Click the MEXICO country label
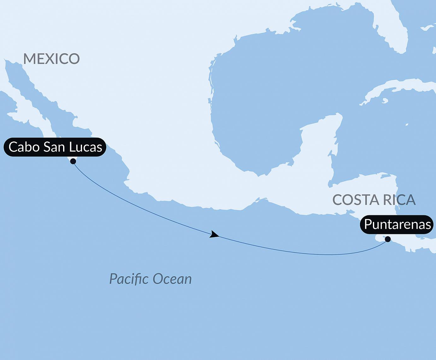[x=51, y=59]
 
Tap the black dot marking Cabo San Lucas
[x=73, y=161]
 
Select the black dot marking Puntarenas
[x=388, y=239]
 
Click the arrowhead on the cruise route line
[x=215, y=234]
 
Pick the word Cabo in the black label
[x=24, y=147]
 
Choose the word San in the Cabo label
[x=54, y=147]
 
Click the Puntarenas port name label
[x=397, y=224]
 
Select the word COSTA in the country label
[x=352, y=200]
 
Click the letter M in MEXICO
[x=29, y=59]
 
